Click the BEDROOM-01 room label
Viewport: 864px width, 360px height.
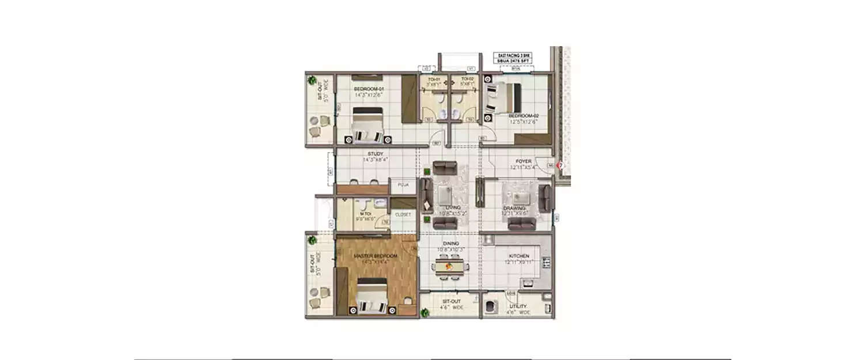(x=369, y=89)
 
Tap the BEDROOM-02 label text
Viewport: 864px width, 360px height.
(x=524, y=116)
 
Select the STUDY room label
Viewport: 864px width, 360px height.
(x=376, y=154)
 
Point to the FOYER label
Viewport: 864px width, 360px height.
(x=524, y=162)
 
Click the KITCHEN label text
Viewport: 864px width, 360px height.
(x=519, y=256)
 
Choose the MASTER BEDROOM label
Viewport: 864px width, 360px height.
(x=376, y=256)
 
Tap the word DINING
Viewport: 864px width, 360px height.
(x=451, y=244)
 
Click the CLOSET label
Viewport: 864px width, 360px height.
(x=403, y=214)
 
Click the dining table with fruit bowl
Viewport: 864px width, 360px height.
(x=452, y=267)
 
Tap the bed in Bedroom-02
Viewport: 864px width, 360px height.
(x=504, y=98)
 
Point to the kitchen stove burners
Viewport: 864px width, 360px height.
(x=544, y=263)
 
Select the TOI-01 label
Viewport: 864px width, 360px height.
(x=433, y=79)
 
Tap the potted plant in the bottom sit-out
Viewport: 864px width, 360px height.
(x=425, y=313)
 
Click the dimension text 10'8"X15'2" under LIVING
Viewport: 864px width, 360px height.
(x=452, y=213)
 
